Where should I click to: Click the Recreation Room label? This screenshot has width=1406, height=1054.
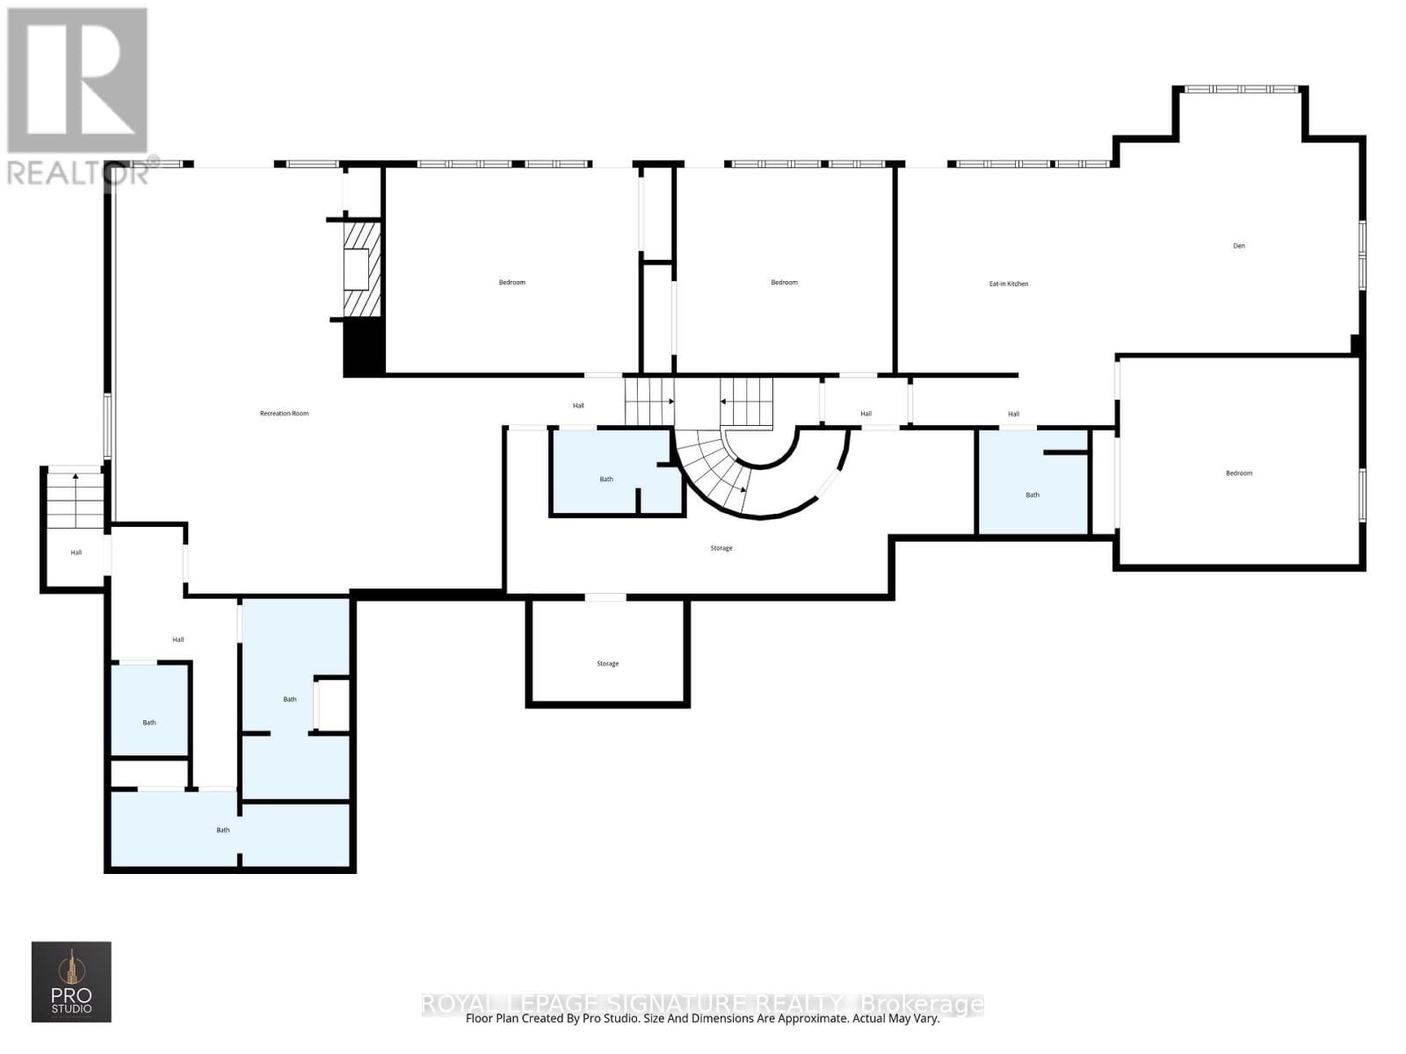click(x=284, y=414)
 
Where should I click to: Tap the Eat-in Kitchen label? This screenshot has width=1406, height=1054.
click(x=1008, y=284)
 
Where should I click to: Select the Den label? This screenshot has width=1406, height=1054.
click(x=1238, y=246)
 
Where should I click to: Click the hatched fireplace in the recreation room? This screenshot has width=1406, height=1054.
click(x=360, y=269)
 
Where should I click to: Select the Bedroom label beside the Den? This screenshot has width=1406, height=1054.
click(x=1238, y=473)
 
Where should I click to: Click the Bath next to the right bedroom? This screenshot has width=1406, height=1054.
click(x=1033, y=495)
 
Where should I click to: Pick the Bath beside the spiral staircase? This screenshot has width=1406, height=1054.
click(x=606, y=480)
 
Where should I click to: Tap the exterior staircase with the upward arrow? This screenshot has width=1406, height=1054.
click(x=76, y=500)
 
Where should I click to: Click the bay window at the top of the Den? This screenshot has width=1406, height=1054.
click(x=1240, y=90)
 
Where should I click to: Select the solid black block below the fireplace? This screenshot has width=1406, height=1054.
click(x=363, y=348)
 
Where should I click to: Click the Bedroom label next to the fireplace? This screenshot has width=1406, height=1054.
click(x=511, y=283)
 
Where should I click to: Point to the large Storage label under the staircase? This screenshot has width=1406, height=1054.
click(x=721, y=548)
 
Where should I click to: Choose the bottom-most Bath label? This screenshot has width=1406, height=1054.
click(x=223, y=830)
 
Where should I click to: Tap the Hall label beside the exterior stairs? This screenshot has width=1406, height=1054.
click(x=76, y=552)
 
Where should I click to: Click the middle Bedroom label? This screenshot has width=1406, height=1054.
click(x=784, y=283)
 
